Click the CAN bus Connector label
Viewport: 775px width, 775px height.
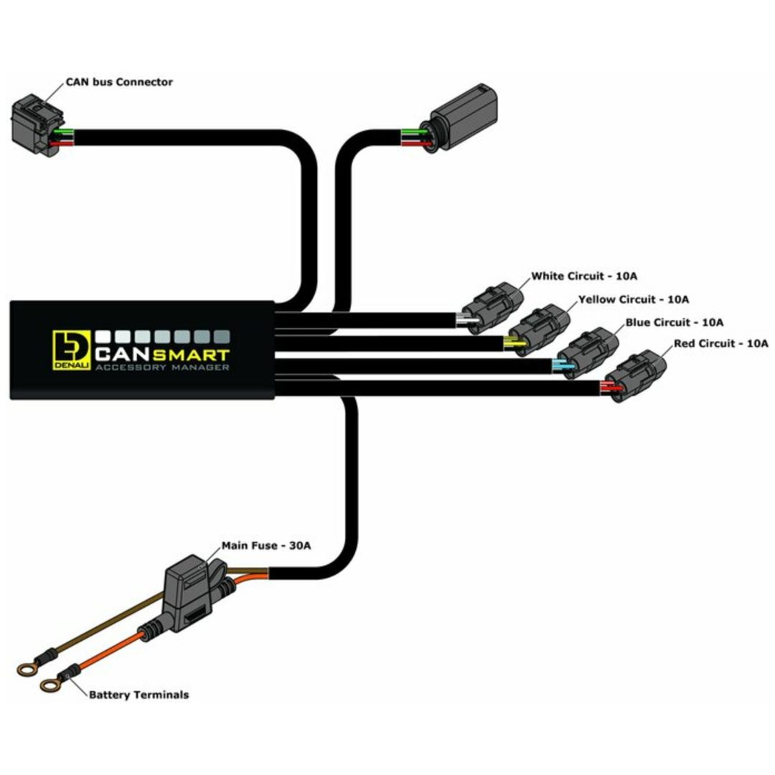[119, 82]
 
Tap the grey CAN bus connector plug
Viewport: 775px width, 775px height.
[37, 125]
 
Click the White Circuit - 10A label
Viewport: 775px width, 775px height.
[583, 276]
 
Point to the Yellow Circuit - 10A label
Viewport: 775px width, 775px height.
[633, 299]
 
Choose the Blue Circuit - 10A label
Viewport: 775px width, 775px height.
[674, 322]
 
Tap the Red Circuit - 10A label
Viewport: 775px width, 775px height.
[721, 343]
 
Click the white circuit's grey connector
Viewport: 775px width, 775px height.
[492, 307]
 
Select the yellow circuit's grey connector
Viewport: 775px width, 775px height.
[539, 329]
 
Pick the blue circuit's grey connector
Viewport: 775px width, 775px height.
[588, 352]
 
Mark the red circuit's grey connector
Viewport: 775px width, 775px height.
[636, 375]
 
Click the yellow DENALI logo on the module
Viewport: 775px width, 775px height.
[72, 350]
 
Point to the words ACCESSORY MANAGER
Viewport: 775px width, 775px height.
[162, 367]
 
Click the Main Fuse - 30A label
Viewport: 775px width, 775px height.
[266, 545]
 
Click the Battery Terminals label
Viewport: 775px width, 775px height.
[138, 695]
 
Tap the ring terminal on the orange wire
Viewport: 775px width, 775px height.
[50, 685]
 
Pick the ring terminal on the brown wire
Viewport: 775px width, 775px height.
[27, 670]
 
